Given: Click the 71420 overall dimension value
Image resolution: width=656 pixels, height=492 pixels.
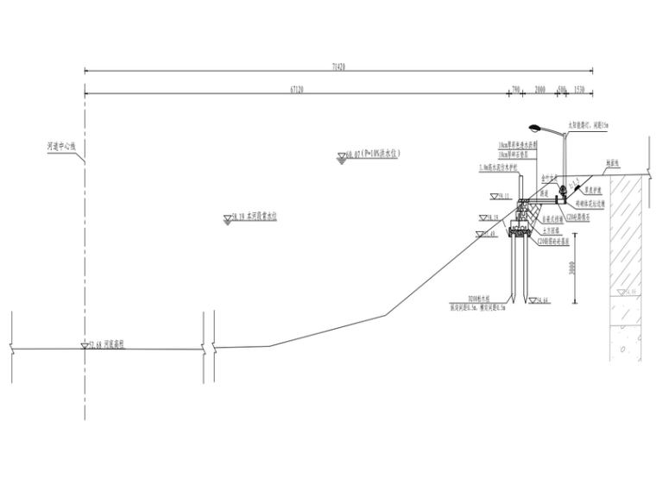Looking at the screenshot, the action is click(337, 66).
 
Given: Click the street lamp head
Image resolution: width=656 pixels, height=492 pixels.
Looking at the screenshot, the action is click(534, 125).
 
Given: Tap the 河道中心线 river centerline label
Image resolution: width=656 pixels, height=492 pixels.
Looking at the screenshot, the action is click(61, 148).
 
